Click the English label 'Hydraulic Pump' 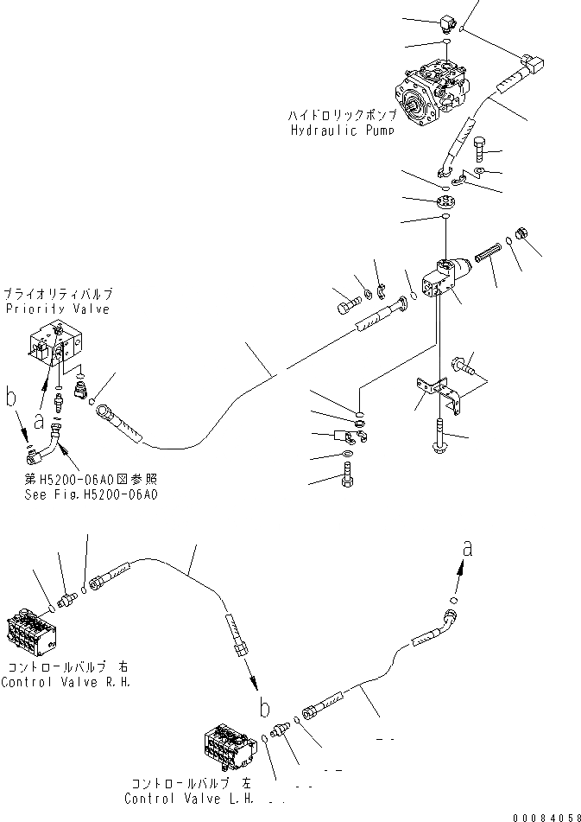coord(343,130)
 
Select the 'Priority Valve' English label coord(57,309)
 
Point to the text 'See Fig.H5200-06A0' coord(92,494)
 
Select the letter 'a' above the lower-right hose coord(467,546)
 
